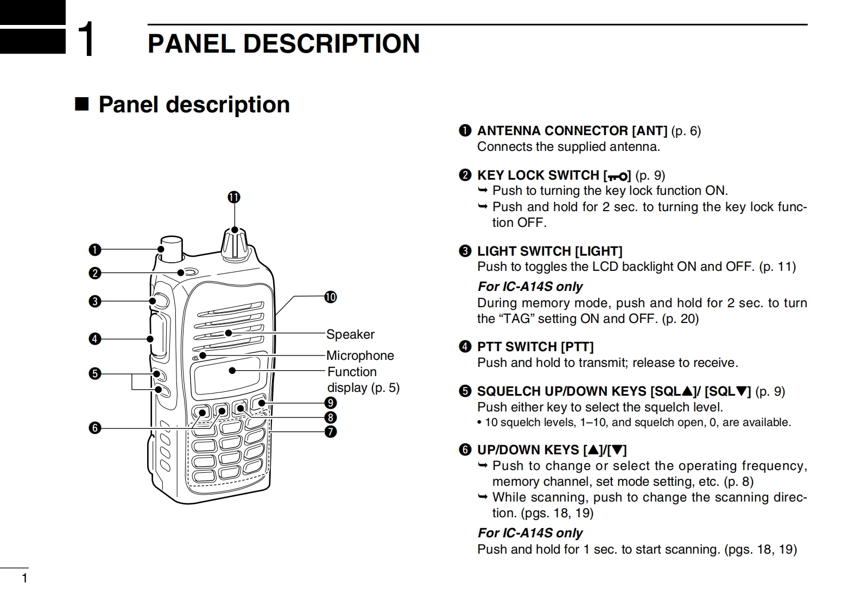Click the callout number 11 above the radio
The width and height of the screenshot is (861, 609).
pos(234,197)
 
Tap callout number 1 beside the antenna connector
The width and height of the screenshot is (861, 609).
pos(95,250)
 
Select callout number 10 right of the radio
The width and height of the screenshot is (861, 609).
pos(331,297)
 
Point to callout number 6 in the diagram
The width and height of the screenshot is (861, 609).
pos(95,428)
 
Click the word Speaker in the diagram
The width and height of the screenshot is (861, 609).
pos(350,334)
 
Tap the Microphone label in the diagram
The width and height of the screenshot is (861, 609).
pos(360,356)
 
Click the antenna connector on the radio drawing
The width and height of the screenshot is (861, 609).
pos(171,247)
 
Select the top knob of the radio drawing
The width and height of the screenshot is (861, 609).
pos(235,243)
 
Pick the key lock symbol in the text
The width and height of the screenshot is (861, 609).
pos(617,176)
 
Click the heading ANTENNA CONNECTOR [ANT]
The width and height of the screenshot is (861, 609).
pos(572,131)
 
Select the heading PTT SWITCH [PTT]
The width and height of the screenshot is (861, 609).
pos(535,347)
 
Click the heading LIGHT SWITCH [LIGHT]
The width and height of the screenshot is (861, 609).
pos(549,251)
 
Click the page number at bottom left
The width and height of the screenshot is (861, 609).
pos(24,579)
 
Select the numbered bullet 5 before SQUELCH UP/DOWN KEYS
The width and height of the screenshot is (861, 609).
pos(465,391)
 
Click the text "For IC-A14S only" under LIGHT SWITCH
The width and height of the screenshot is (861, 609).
pos(530,287)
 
